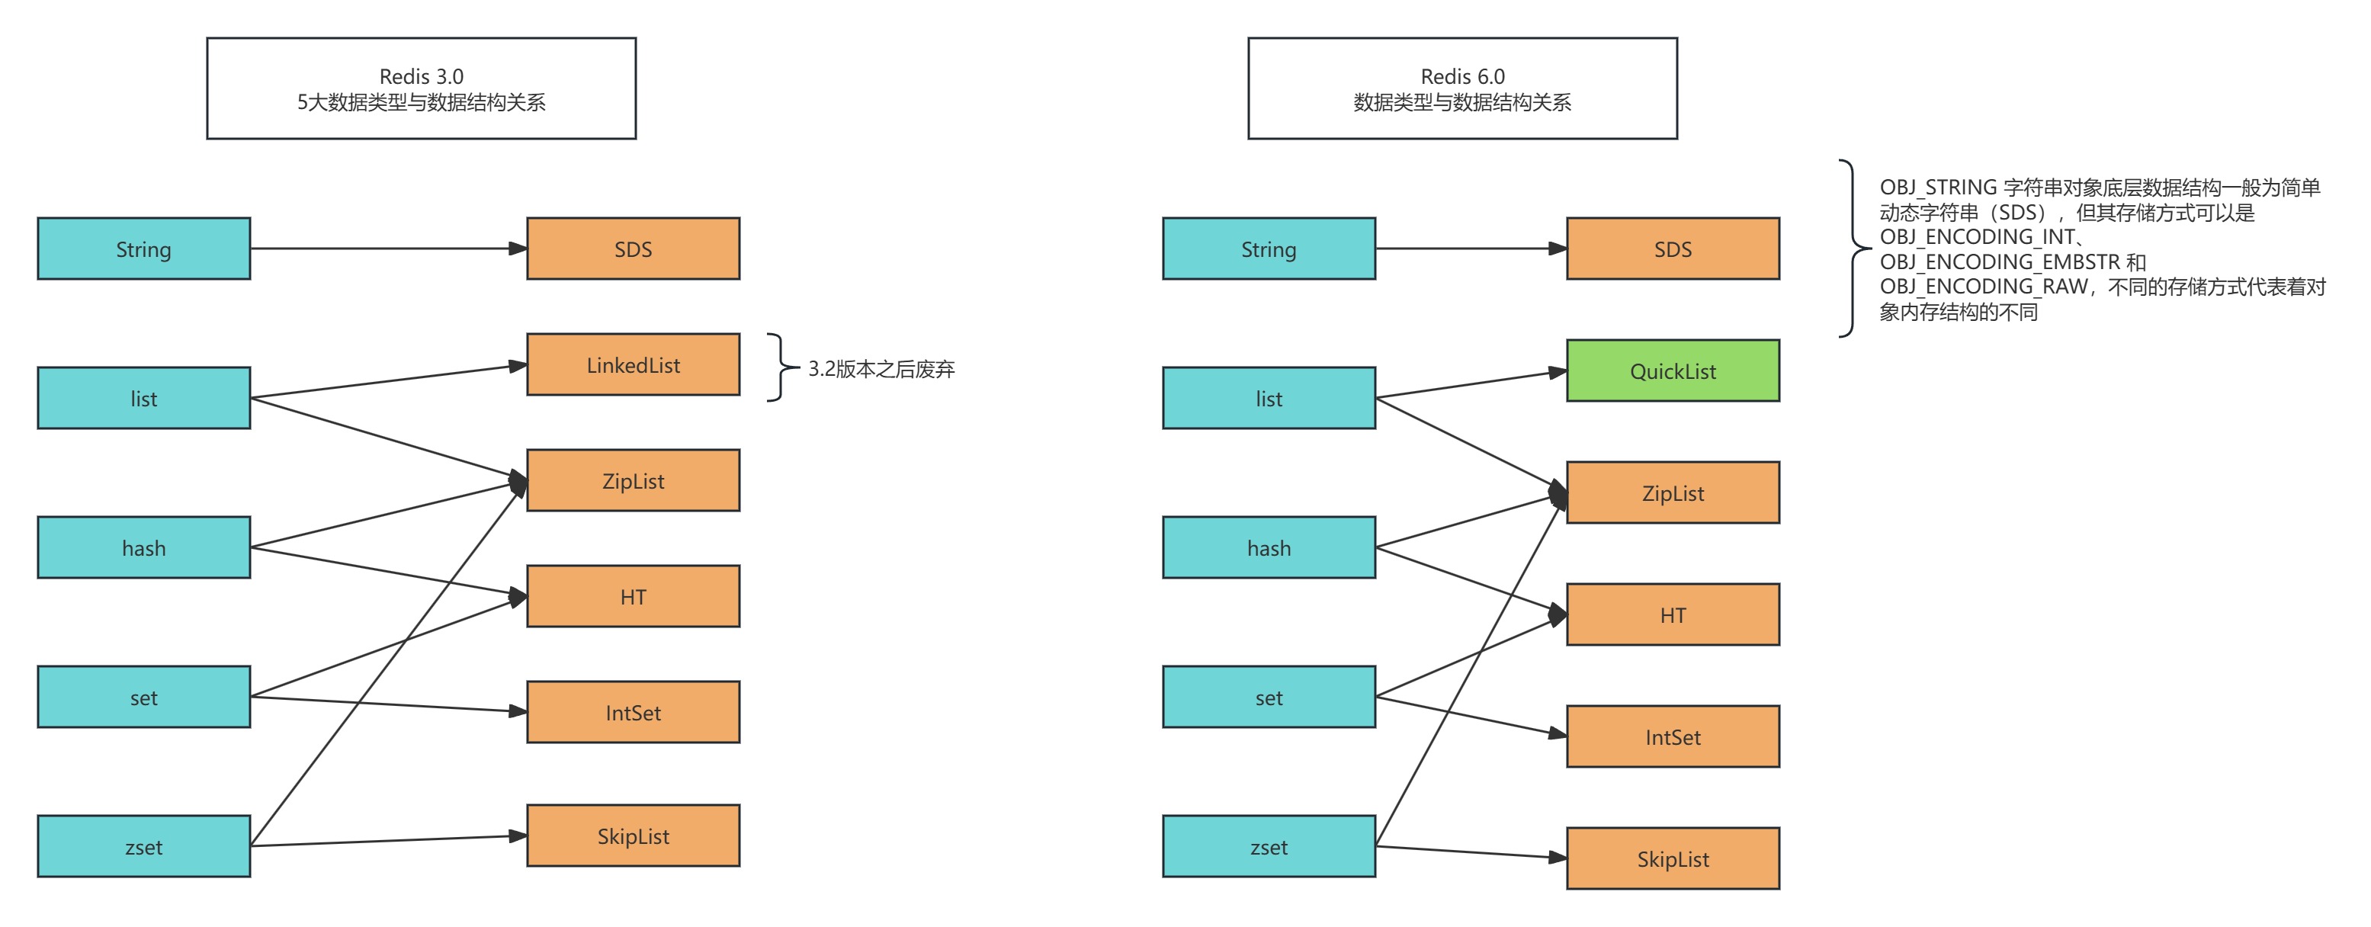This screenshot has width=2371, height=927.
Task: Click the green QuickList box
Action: click(x=1673, y=371)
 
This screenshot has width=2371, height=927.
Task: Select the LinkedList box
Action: click(x=634, y=364)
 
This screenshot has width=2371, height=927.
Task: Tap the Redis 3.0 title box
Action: click(x=421, y=88)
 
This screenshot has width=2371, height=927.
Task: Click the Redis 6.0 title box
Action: click(x=1461, y=88)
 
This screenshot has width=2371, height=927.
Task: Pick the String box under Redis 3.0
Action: click(x=143, y=249)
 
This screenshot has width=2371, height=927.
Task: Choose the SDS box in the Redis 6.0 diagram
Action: click(x=1673, y=249)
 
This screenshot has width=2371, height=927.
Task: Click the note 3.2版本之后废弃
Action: click(x=881, y=369)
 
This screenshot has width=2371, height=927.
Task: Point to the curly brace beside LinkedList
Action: click(x=780, y=367)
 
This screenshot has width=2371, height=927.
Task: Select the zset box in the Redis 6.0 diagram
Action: click(x=1269, y=846)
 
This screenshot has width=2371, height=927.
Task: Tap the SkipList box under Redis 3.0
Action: click(x=634, y=836)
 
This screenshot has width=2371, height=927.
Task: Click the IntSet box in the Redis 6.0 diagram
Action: click(x=1673, y=736)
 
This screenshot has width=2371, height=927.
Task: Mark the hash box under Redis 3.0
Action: click(x=143, y=547)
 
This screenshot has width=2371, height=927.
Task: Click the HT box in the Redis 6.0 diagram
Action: click(x=1673, y=615)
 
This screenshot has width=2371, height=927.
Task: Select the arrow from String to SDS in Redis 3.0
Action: click(x=387, y=249)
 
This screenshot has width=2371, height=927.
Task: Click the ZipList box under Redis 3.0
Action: click(x=634, y=480)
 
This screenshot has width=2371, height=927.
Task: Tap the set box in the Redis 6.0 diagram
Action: click(x=1269, y=697)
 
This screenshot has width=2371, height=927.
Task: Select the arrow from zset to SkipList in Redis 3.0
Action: click(x=387, y=840)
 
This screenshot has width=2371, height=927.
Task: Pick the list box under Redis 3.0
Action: click(x=143, y=398)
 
